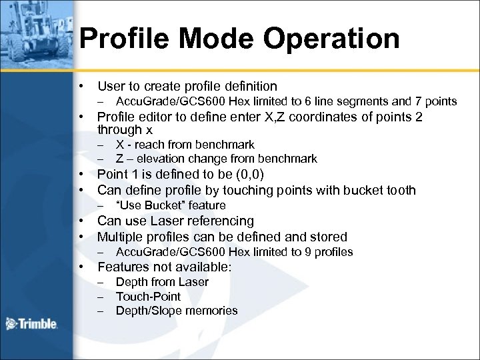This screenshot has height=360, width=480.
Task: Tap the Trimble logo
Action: [x=31, y=325]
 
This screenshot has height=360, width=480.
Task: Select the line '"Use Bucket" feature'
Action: [x=171, y=205]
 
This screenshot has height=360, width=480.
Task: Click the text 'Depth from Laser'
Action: [x=162, y=282]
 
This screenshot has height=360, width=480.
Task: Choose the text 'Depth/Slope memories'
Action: [x=176, y=311]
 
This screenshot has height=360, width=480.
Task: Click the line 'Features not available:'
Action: [x=165, y=267]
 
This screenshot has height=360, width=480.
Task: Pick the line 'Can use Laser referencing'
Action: [x=175, y=221]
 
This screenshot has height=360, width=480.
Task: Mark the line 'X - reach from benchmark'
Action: [x=185, y=145]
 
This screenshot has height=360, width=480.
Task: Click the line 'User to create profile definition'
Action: [x=187, y=86]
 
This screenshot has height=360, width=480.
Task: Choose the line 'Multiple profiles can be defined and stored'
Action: [x=222, y=237]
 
